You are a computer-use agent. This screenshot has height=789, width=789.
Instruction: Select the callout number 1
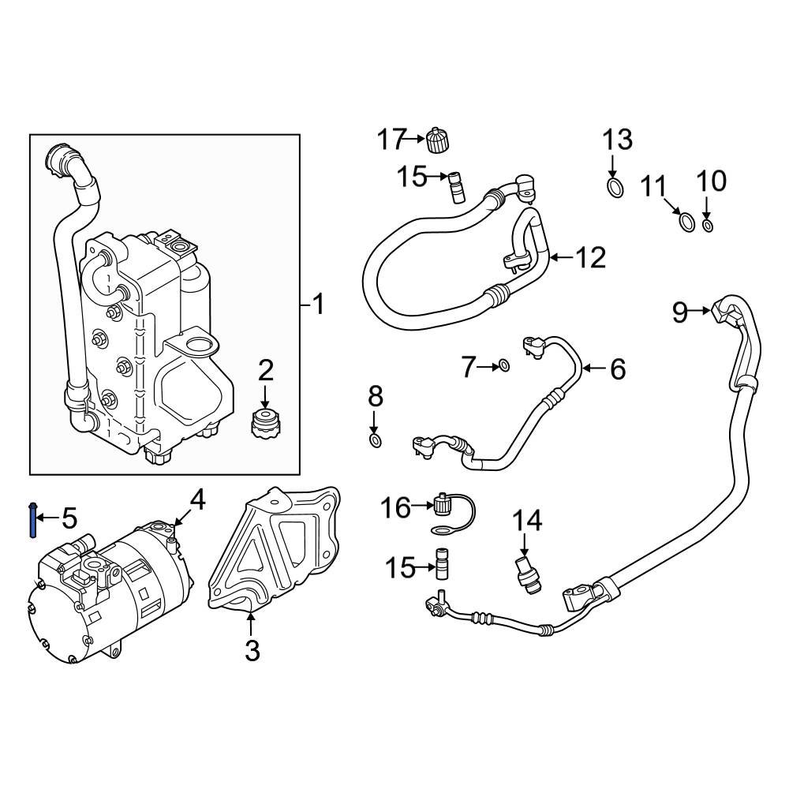(x=318, y=304)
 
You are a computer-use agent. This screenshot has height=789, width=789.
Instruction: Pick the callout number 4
(x=197, y=499)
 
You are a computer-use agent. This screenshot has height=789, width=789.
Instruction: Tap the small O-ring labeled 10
(x=708, y=226)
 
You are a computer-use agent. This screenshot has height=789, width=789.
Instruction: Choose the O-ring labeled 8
(x=376, y=439)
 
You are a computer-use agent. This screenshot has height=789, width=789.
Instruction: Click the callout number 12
(x=589, y=257)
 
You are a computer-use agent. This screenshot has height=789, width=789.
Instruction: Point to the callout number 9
(x=680, y=312)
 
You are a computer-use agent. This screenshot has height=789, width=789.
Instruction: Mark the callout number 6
(x=617, y=368)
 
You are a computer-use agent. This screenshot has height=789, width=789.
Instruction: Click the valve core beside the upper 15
(x=455, y=188)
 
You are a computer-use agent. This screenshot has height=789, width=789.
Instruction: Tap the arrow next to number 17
(x=416, y=140)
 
